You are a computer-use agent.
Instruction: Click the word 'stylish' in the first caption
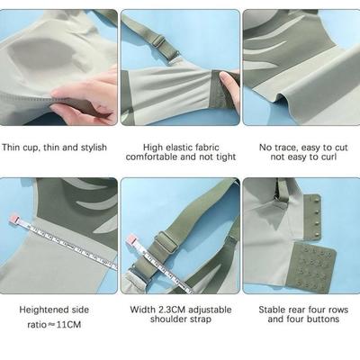(x=94, y=148)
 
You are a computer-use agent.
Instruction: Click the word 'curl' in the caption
(x=329, y=157)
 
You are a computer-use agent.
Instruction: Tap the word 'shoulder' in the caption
(x=167, y=319)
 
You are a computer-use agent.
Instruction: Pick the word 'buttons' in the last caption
(x=325, y=319)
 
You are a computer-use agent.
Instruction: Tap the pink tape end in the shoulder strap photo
(x=132, y=240)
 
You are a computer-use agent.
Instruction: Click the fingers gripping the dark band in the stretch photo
(x=229, y=85)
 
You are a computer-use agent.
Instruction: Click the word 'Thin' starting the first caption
(x=11, y=148)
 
